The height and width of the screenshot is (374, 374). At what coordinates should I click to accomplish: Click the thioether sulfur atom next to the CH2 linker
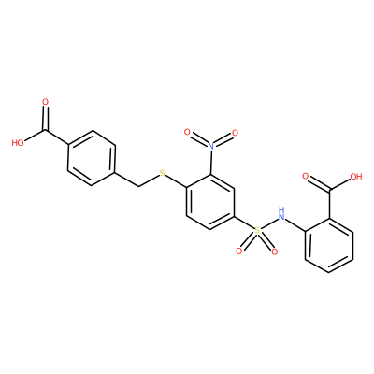click(162, 173)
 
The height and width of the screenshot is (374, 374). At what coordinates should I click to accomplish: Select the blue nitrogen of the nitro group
click(211, 145)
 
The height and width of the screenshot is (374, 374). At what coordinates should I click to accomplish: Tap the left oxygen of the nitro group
click(187, 132)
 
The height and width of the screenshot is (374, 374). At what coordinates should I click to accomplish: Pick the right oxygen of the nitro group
click(236, 133)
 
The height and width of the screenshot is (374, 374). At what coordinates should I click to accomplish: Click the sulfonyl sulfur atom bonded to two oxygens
click(257, 231)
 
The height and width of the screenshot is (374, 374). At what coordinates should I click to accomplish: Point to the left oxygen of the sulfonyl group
click(239, 251)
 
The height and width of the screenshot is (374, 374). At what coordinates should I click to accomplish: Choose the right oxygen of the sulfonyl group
click(274, 252)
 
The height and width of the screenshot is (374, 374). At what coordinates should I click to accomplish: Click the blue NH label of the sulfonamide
click(282, 213)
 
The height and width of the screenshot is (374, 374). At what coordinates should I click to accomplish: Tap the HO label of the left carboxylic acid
click(18, 143)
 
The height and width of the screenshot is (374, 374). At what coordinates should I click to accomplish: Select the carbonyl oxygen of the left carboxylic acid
click(46, 102)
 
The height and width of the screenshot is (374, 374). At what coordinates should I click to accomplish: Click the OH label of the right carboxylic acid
click(356, 177)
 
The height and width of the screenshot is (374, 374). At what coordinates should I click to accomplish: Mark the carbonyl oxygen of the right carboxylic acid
click(306, 177)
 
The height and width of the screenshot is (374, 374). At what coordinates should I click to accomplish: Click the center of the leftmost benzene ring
click(92, 158)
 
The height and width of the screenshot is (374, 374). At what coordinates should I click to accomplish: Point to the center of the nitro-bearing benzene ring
click(210, 202)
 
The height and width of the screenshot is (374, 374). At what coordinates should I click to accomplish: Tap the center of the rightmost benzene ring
click(329, 245)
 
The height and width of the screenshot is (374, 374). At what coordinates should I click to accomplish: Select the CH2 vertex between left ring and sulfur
click(138, 186)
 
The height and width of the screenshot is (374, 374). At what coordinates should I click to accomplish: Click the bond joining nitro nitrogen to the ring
click(211, 162)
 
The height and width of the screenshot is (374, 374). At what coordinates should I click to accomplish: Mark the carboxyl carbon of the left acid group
click(46, 130)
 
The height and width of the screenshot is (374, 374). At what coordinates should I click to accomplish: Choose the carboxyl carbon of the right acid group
click(329, 190)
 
